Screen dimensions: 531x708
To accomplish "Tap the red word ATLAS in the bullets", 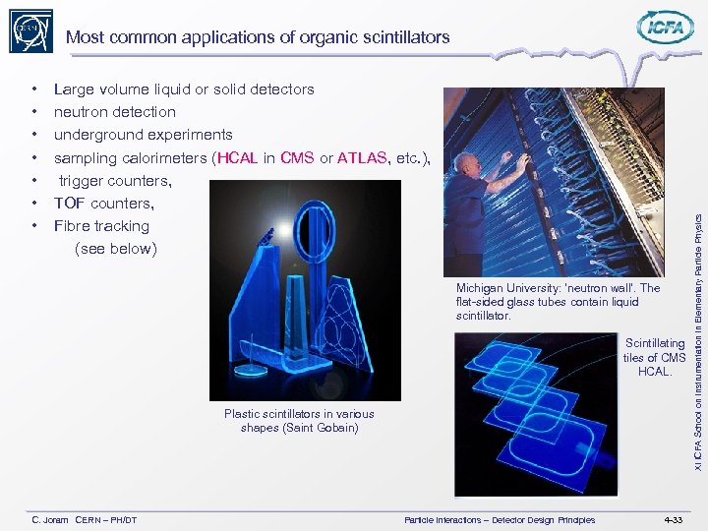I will click(x=363, y=157).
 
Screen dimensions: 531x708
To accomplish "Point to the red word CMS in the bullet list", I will click(x=297, y=157).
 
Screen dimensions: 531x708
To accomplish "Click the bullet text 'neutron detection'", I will click(x=114, y=112).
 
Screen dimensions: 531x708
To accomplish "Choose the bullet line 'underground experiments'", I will click(x=143, y=135).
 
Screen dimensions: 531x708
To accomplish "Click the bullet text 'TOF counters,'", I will click(x=103, y=204).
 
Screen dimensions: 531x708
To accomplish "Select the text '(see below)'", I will click(x=115, y=249).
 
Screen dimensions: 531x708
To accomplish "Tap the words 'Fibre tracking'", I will click(x=101, y=226).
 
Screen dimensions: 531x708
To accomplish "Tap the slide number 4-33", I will click(x=673, y=519).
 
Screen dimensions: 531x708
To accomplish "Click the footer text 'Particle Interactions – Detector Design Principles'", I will click(x=500, y=519).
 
